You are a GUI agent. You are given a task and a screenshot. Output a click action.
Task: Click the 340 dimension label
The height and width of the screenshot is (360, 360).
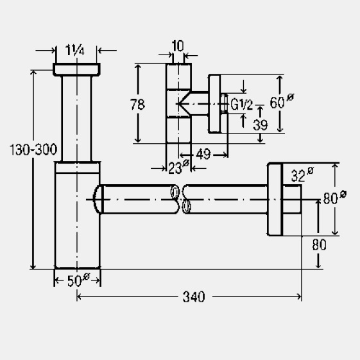pos(194,296)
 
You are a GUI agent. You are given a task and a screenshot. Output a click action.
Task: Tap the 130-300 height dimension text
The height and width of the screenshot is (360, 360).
pos(33,150)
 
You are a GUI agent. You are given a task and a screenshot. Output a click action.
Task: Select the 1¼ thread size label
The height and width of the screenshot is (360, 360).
pos(75,50)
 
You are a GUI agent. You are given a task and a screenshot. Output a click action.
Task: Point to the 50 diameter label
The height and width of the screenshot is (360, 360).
pos(78,279)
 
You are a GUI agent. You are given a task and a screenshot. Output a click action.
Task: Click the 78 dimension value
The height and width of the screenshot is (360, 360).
pos(137,104)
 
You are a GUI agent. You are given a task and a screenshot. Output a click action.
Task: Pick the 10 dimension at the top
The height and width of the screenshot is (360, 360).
pos(178,46)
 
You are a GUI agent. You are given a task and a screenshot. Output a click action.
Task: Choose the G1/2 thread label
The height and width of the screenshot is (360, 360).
pos(241,105)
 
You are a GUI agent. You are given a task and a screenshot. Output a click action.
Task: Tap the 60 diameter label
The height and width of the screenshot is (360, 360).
pos(282,101)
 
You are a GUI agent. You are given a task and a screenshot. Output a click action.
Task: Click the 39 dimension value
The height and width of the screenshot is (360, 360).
pos(261,125)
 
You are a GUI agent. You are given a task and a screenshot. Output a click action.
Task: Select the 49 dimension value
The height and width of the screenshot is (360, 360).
pos(203,154)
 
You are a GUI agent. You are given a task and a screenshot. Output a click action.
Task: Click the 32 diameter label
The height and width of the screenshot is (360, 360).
pos(302,175)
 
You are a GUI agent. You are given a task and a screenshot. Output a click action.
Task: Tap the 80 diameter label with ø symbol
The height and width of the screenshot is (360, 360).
pos(335,198)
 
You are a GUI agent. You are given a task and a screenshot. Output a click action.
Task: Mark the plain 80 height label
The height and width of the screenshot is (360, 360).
pos(319,244)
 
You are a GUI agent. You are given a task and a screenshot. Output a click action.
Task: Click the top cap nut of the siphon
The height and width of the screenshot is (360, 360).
pos(76,69)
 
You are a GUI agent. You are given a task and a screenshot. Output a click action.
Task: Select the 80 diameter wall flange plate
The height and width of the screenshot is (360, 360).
pos(275,199)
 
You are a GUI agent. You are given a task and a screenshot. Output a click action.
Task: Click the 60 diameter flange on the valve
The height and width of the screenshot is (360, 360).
pos(214,103)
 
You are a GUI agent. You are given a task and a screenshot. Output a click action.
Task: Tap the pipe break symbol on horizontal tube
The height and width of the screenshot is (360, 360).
pos(181,200)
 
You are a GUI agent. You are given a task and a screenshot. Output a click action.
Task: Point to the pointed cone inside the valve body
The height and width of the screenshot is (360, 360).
pos(184,104)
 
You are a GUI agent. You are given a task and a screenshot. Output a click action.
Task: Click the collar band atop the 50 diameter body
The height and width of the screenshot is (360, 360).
pos(78,168)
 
